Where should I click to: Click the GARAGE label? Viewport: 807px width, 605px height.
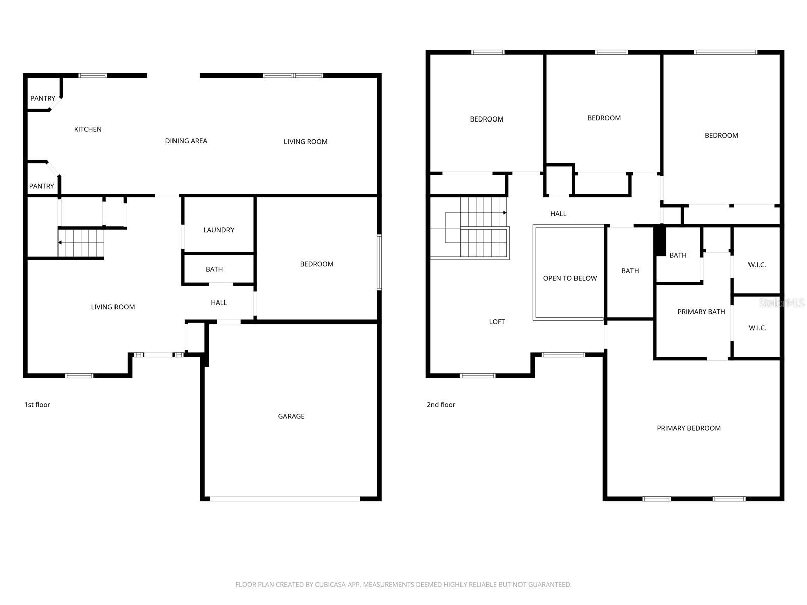coord(291,416)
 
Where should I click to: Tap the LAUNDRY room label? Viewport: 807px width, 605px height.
coord(218,230)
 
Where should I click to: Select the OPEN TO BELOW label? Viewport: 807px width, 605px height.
coord(569,278)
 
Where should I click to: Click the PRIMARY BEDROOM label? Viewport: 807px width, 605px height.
coord(688,428)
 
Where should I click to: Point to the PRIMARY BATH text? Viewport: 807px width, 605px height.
coord(701,312)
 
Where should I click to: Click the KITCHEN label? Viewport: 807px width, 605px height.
coord(88,129)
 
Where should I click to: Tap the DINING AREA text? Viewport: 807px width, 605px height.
coord(186,141)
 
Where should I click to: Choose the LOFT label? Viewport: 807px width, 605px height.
coord(497,322)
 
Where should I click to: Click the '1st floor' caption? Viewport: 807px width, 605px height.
coord(37,404)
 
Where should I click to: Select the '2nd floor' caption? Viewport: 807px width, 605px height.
coord(441,404)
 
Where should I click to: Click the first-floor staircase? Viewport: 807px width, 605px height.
coord(81,243)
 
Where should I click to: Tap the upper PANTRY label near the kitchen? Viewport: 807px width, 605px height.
coord(43,98)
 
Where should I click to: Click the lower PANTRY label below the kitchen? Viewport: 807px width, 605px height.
coord(41,186)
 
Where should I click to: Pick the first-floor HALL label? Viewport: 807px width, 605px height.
coord(219,302)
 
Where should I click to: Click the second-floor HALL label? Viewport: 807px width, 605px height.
coord(558,214)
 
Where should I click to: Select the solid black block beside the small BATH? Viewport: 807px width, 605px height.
coord(660,241)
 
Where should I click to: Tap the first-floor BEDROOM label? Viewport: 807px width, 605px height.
coord(316,264)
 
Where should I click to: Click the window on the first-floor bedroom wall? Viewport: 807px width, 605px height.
coord(379,262)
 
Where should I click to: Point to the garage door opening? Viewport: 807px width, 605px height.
coord(285,499)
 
